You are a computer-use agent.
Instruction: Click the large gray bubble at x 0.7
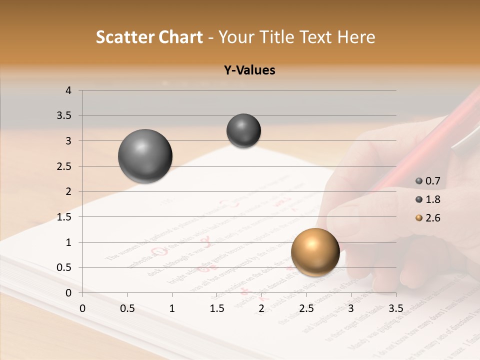145,156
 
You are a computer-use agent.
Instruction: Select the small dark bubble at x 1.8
243,130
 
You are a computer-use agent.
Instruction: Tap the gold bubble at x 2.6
315,252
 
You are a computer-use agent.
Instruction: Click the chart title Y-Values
249,70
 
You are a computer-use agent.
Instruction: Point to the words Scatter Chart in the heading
149,37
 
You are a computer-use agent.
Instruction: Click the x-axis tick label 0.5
127,308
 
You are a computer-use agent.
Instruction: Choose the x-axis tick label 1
172,308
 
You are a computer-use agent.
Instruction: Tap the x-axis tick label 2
261,308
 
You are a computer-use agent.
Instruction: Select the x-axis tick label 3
351,308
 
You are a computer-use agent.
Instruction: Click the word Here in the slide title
356,37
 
